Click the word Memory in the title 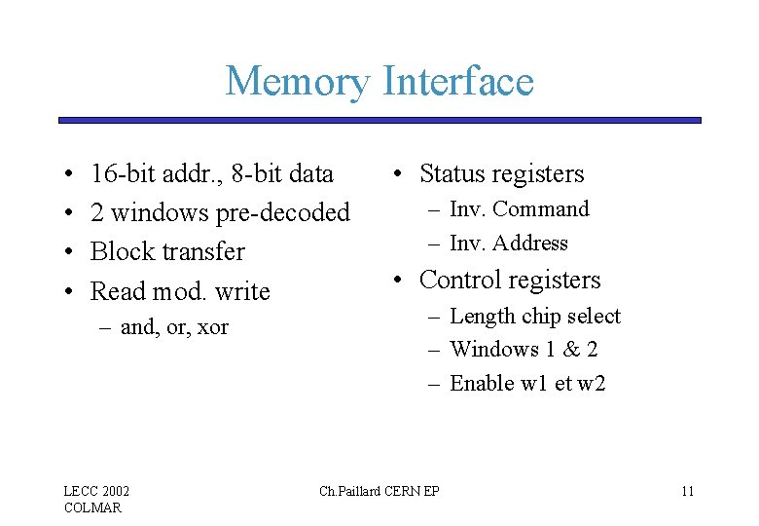coord(297,81)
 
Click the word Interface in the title coord(458,81)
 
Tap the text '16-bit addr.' coord(157,174)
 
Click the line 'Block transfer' coord(167,251)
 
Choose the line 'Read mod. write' coord(180,290)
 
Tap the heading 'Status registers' coord(501,174)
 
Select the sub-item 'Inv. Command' coord(520,209)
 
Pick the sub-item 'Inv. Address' coord(509,244)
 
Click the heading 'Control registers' coord(510,281)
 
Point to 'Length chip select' coord(535,317)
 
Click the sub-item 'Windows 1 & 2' coord(524,349)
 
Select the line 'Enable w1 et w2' coord(528,383)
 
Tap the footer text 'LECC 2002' coord(97,491)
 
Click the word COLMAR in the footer coord(93,507)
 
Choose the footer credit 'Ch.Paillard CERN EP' coord(379,491)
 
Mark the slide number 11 coord(687,491)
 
